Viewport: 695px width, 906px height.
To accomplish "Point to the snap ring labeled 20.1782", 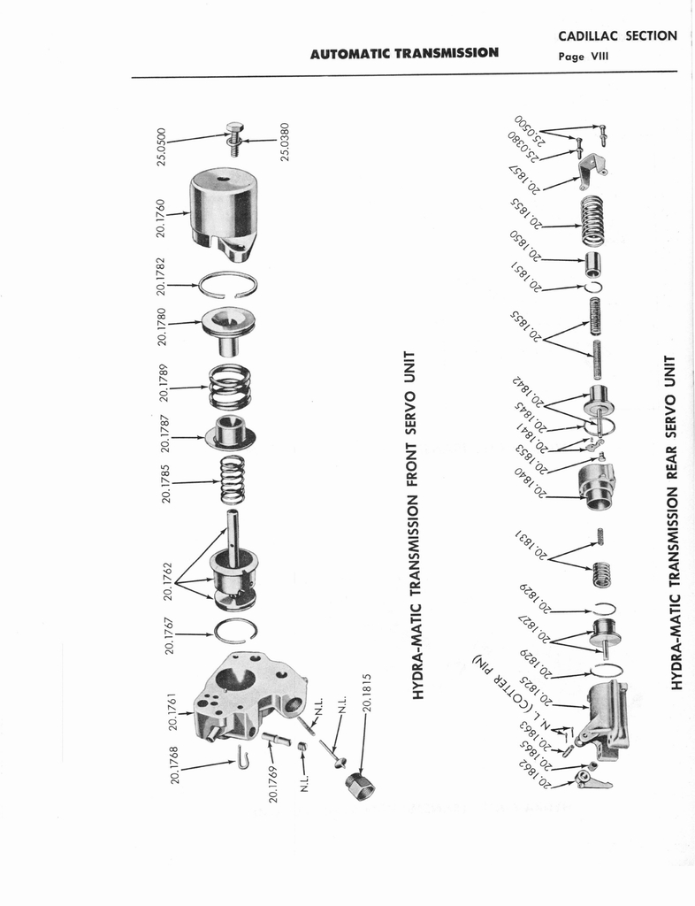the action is [228, 284].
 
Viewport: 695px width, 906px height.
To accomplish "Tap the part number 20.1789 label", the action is [164, 382].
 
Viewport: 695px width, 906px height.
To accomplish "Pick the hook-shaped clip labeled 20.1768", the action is [243, 757].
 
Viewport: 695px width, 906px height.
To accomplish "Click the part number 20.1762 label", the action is [167, 581].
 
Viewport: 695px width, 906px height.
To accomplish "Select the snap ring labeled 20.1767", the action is [235, 630].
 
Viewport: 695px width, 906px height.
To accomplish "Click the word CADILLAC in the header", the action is [588, 35].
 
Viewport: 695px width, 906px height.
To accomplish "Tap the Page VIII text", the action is [583, 57].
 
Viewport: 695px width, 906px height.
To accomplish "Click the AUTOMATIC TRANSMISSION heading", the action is [404, 54].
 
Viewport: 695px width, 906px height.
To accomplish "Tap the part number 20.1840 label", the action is [531, 482].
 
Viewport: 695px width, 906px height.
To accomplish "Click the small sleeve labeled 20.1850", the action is [594, 265].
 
